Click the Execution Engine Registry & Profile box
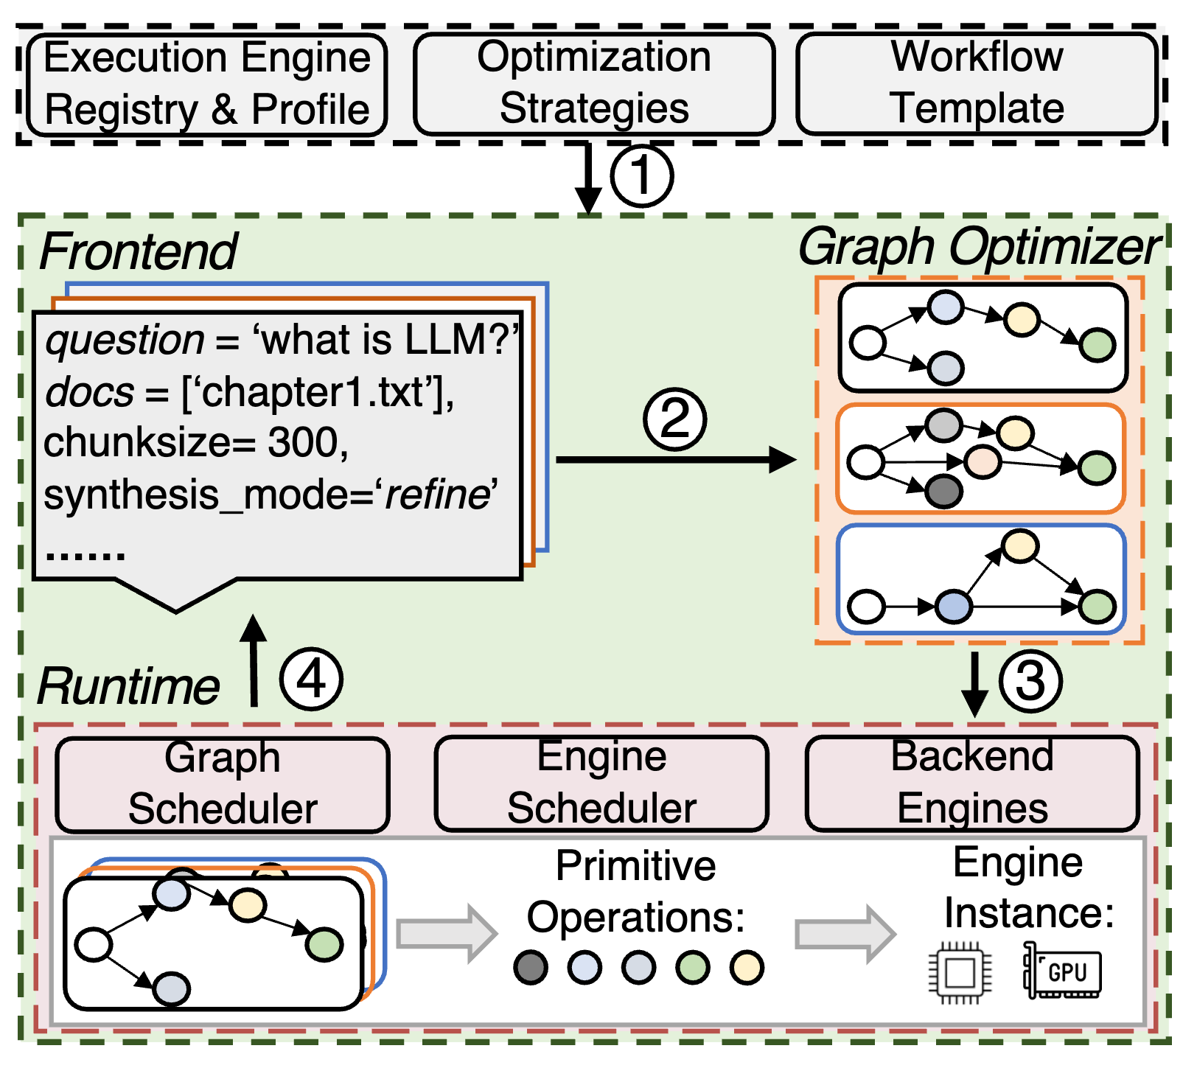tap(206, 84)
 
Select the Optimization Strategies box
tap(594, 83)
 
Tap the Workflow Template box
tap(977, 83)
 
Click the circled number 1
tap(642, 176)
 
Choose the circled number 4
tap(311, 679)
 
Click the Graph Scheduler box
tap(223, 784)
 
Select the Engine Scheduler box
tap(601, 783)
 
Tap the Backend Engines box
tap(972, 783)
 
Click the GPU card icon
tap(1063, 971)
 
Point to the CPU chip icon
tap(960, 973)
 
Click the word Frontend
tap(139, 252)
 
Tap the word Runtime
tap(129, 687)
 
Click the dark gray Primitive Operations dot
tap(531, 968)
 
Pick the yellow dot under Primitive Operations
tap(747, 968)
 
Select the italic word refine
tap(437, 495)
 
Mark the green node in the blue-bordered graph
tap(1097, 607)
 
